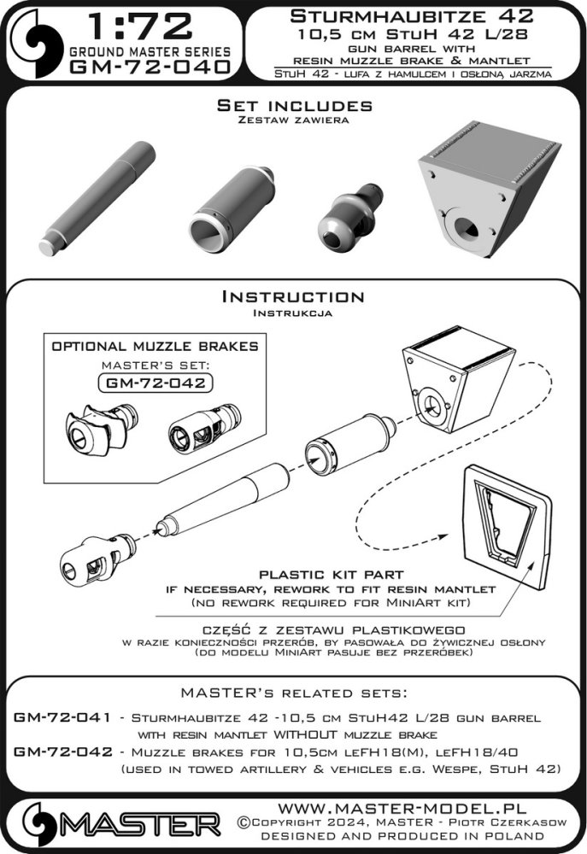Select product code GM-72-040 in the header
pos(150,67)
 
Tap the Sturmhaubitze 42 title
pos(412,16)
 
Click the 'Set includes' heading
pos(294,105)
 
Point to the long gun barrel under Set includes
pos(97,199)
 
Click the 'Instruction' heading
pos(293,297)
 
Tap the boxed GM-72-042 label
pos(156,383)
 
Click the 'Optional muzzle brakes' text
pos(155,347)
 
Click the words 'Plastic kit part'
pos(332,575)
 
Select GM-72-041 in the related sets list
pos(62,717)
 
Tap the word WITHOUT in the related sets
pos(305,734)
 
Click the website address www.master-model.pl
pos(402,808)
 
